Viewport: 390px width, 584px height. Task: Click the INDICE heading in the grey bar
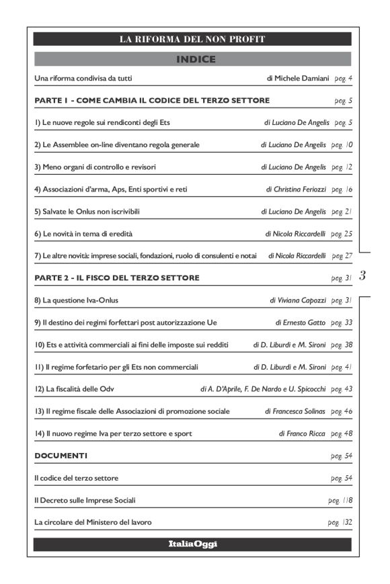(x=195, y=60)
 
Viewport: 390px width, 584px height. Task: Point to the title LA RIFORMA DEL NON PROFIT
(x=192, y=39)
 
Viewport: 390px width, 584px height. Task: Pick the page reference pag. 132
(x=340, y=522)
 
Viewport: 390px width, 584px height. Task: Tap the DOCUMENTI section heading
(x=61, y=456)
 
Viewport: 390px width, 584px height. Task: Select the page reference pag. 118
(x=340, y=500)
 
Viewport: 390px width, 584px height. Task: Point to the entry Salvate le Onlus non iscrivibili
(x=87, y=212)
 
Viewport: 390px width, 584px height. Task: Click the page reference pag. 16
(x=342, y=190)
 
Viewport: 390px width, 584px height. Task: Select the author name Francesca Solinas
(x=295, y=411)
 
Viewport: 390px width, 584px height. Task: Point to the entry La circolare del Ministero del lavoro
(x=93, y=522)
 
